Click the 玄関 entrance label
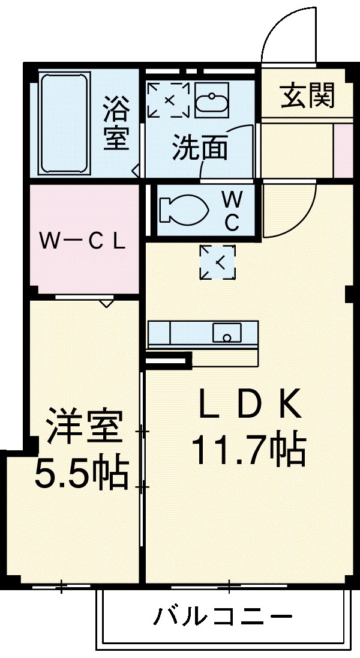[308, 95]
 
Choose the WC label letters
[232, 211]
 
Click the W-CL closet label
[82, 241]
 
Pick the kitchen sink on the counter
[227, 332]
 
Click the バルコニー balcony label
[223, 617]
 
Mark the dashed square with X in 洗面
[169, 99]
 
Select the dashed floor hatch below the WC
[217, 262]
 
